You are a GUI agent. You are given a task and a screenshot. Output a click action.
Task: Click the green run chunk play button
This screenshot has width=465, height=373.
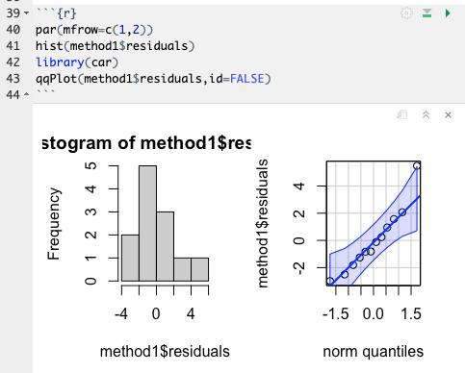[448, 12]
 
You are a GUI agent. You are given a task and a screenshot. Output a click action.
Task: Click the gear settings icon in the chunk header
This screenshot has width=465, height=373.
[406, 12]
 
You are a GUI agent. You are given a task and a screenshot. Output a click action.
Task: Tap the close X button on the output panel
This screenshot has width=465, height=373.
[448, 115]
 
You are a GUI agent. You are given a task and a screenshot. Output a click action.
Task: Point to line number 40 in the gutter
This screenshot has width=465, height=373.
[12, 30]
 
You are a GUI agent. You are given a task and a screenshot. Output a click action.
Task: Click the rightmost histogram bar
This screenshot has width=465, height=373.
[199, 269]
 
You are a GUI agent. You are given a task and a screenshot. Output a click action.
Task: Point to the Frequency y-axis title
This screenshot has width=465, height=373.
[55, 223]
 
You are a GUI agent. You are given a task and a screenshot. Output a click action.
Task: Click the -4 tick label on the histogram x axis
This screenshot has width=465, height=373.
[121, 314]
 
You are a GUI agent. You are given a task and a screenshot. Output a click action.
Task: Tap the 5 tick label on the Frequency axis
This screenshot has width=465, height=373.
[90, 165]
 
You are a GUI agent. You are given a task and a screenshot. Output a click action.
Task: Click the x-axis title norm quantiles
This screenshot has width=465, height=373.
[373, 351]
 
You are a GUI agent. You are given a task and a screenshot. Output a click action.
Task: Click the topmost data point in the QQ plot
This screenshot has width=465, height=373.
[417, 166]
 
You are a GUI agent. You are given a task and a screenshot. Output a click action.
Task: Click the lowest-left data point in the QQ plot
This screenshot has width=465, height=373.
[330, 281]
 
